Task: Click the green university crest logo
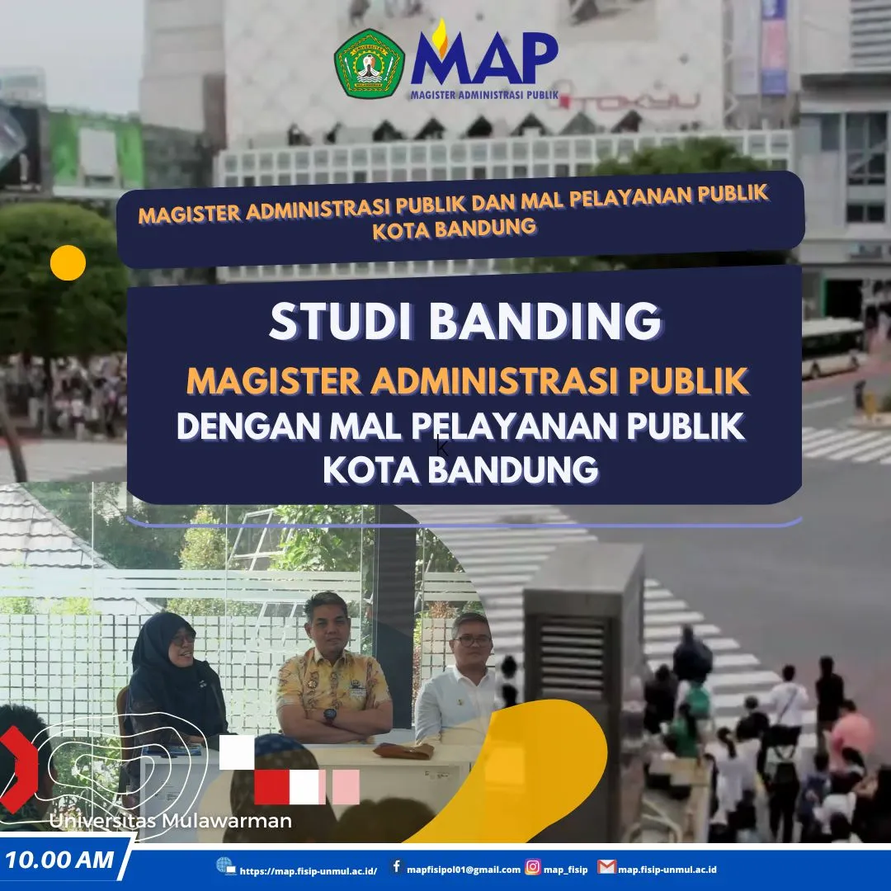(x=370, y=64)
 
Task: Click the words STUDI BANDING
(x=465, y=321)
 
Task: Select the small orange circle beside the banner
(x=68, y=262)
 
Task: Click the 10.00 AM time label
(x=59, y=860)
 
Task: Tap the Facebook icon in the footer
(x=397, y=866)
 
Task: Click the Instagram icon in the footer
(x=532, y=866)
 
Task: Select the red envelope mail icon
(x=606, y=866)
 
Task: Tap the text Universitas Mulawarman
(x=170, y=821)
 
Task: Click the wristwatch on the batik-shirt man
(x=329, y=715)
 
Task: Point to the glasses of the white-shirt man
(x=472, y=641)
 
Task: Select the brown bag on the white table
(x=403, y=750)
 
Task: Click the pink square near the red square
(x=346, y=787)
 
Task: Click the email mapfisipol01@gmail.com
(x=464, y=870)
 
